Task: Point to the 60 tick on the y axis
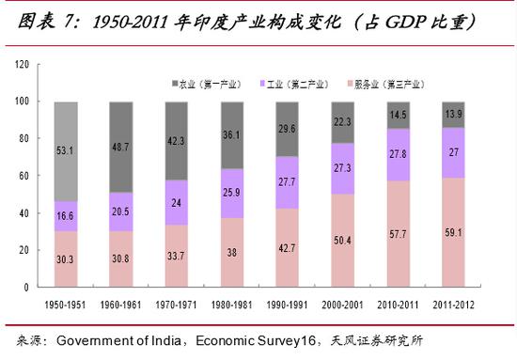pos(24,176)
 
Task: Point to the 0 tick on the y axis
pos(28,288)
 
